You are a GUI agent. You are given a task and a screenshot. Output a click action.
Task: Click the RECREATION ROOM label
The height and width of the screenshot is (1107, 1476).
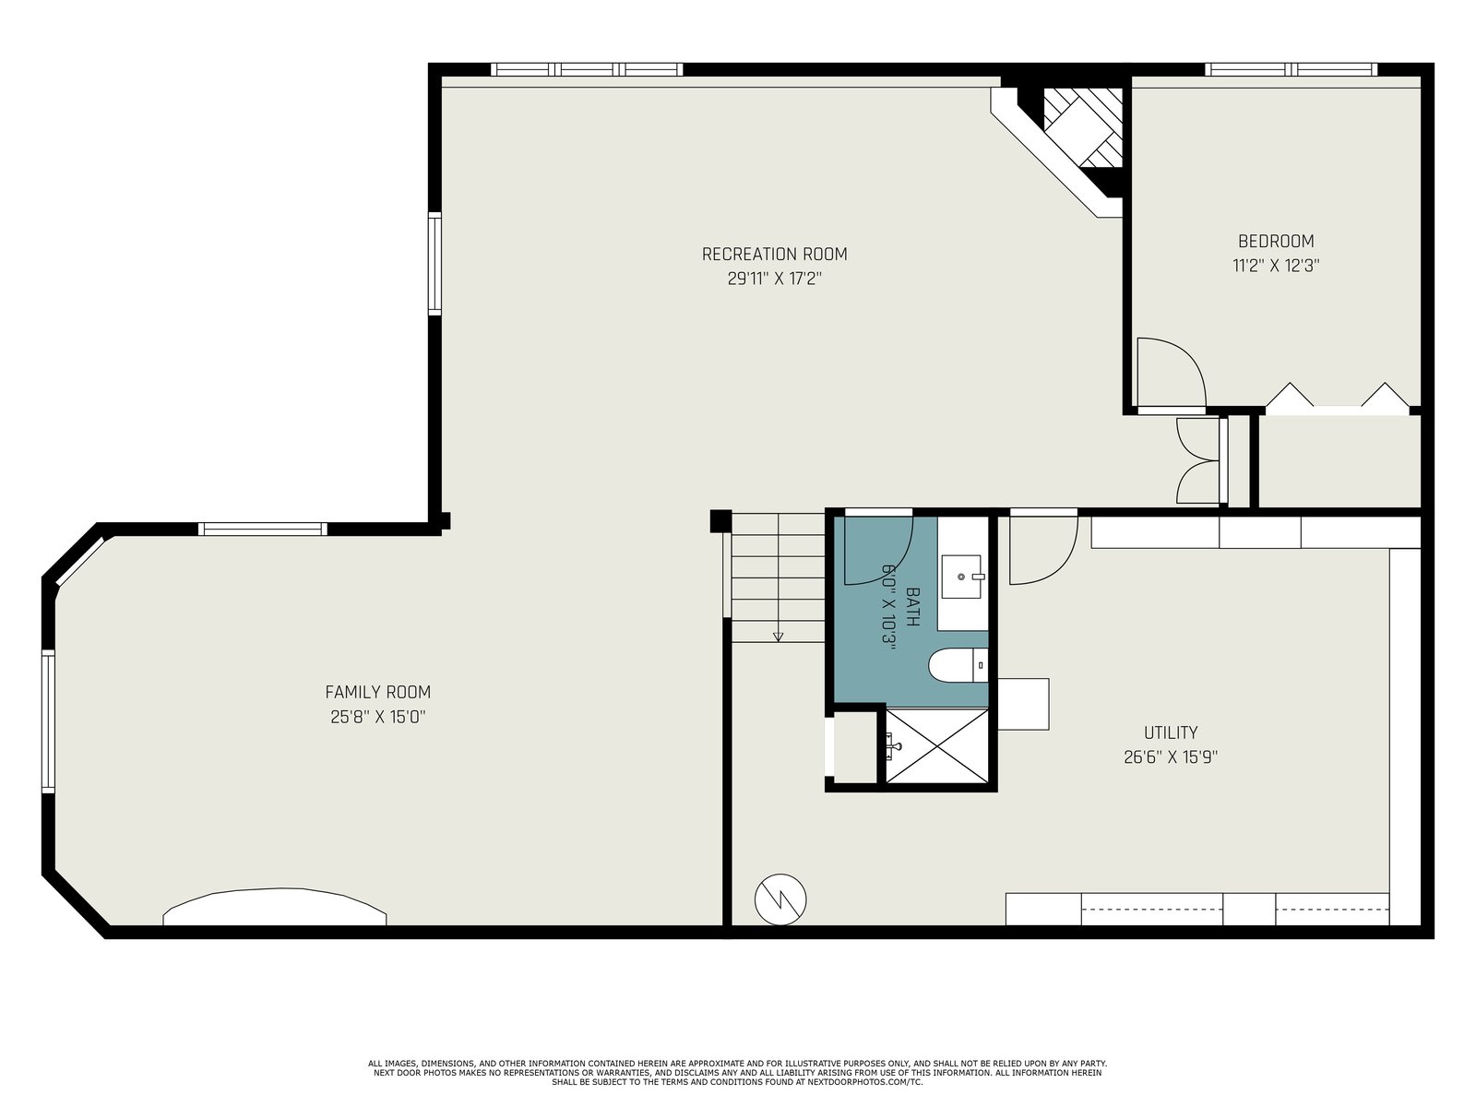click(x=775, y=254)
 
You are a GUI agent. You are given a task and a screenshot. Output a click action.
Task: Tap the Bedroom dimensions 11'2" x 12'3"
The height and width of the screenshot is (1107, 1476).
click(x=1276, y=266)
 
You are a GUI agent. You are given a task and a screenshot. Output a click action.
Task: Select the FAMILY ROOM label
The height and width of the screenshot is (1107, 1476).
click(x=378, y=692)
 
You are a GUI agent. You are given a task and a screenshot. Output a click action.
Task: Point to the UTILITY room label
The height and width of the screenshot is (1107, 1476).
click(x=1171, y=732)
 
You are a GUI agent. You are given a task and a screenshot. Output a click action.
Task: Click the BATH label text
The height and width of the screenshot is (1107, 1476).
click(x=912, y=606)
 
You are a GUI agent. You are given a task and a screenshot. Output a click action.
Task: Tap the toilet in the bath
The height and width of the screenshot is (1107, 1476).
click(x=958, y=665)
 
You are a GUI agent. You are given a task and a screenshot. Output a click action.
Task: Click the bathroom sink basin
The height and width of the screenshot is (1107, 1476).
click(x=962, y=576)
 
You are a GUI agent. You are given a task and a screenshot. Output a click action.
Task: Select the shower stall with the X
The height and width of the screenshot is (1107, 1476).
click(x=936, y=746)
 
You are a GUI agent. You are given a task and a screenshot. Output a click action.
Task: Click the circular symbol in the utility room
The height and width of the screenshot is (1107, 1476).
click(x=780, y=899)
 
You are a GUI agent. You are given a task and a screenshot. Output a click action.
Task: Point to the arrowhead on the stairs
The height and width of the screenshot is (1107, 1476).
click(x=778, y=637)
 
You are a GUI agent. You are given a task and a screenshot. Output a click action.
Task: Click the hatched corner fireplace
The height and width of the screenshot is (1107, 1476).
click(x=1083, y=127)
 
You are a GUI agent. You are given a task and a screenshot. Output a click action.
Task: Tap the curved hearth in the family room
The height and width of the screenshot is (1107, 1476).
click(x=274, y=907)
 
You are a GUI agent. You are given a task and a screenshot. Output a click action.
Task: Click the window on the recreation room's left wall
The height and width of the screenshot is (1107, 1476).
click(x=435, y=264)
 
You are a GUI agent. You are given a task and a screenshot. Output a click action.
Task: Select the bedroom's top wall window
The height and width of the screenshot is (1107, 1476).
click(x=1291, y=69)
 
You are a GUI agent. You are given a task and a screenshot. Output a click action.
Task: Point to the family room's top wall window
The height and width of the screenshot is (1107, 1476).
click(x=263, y=529)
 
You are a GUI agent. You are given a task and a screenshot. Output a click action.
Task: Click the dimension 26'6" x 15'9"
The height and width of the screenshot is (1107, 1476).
click(x=1171, y=757)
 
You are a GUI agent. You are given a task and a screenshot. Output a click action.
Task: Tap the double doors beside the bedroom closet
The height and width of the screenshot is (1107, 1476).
click(x=1198, y=460)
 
